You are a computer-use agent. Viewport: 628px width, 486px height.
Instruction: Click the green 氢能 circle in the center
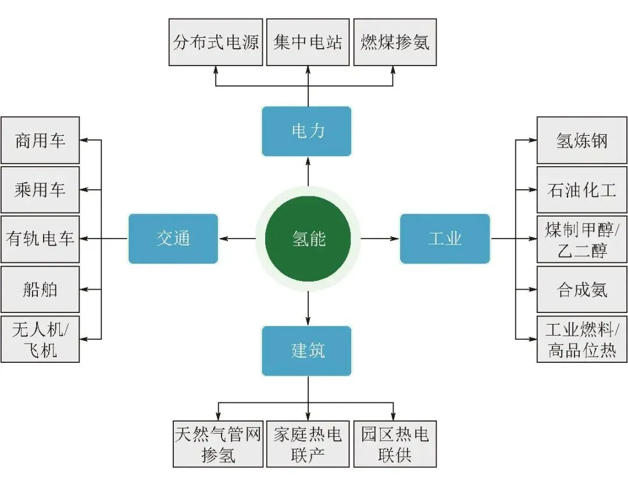tap(308, 239)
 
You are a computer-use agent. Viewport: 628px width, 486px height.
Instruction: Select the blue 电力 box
tap(306, 131)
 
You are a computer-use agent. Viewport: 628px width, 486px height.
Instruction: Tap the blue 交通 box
tap(173, 239)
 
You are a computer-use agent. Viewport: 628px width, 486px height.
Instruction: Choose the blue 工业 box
tap(445, 239)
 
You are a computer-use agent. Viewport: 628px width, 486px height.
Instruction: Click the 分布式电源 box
tap(216, 42)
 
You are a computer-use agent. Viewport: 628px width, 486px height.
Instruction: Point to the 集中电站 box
tap(308, 42)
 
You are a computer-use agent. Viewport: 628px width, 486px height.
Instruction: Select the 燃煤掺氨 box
tap(395, 42)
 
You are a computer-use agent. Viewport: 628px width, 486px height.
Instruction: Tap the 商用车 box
tap(40, 141)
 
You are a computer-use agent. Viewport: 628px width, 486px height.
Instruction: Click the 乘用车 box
tap(40, 190)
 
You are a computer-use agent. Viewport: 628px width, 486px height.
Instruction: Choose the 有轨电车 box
tap(40, 239)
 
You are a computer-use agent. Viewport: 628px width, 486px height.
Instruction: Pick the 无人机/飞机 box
tap(40, 339)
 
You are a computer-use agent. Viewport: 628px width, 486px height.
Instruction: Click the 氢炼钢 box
tap(581, 141)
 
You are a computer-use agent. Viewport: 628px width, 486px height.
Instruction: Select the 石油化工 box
tap(581, 190)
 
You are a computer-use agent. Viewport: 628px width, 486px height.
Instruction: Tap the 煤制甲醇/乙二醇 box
tap(581, 239)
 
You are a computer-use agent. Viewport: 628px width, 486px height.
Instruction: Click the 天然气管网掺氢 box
tap(218, 444)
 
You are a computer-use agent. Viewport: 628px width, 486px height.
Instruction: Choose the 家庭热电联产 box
tap(308, 444)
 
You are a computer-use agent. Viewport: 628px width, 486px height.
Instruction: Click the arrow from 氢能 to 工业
tap(380, 239)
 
